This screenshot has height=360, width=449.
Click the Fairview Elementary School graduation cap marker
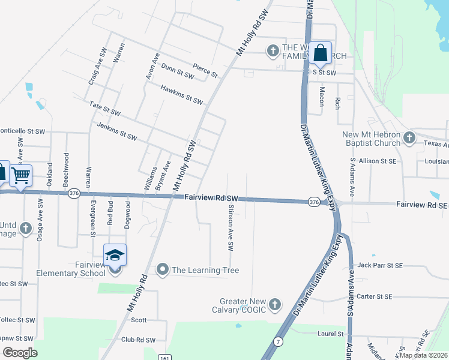click(x=115, y=256)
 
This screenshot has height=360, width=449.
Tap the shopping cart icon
click(x=21, y=175)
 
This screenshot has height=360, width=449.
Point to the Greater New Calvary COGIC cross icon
click(x=275, y=305)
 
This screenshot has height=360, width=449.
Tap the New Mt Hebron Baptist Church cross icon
click(x=409, y=138)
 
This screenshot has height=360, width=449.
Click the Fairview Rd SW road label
click(x=212, y=197)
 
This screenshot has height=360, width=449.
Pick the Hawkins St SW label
click(x=182, y=94)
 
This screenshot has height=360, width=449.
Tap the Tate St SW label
click(x=105, y=109)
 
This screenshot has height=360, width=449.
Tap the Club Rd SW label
click(x=138, y=340)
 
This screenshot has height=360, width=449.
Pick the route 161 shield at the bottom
click(x=164, y=356)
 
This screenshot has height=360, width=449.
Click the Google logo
click(x=19, y=352)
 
